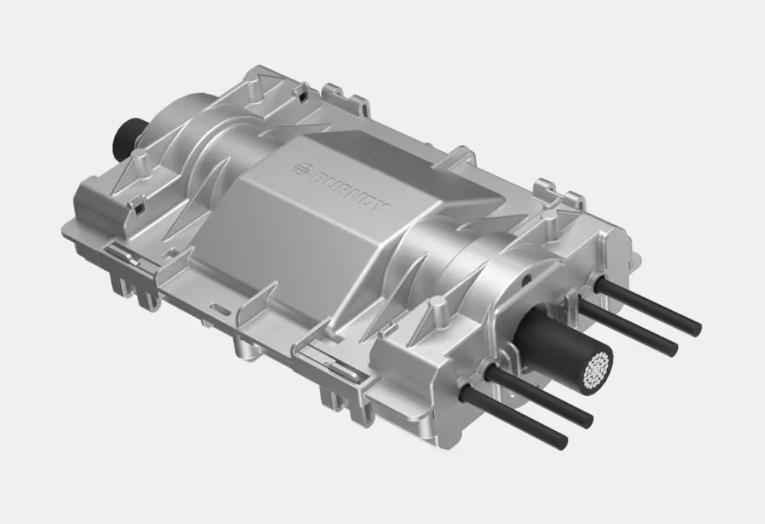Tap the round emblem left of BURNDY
coord(301,169)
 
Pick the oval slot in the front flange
coord(221,309)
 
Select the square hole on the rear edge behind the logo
coord(303,91)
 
